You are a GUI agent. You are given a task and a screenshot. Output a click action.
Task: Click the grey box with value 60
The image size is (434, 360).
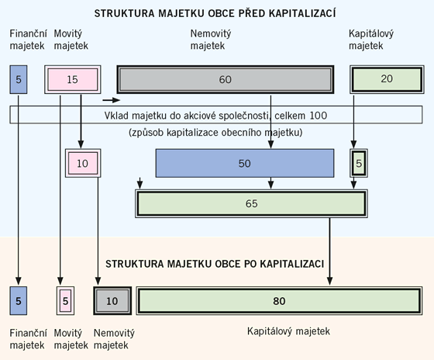(x=225, y=79)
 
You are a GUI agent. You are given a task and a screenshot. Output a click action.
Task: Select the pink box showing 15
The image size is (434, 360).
(x=73, y=79)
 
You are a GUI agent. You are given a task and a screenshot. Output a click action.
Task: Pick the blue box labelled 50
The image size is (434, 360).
(x=244, y=164)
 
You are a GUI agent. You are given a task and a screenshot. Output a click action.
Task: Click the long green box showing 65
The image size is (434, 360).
(x=250, y=202)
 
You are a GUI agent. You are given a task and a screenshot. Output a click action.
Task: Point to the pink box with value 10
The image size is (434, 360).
(x=83, y=164)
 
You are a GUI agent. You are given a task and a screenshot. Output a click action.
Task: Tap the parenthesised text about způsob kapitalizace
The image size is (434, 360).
(x=215, y=133)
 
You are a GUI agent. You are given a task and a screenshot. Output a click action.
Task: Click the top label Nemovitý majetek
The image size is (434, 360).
(x=210, y=40)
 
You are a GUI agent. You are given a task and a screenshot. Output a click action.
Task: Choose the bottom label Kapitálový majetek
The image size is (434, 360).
(x=288, y=331)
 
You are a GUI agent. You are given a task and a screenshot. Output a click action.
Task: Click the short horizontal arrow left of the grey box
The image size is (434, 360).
(x=112, y=100)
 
